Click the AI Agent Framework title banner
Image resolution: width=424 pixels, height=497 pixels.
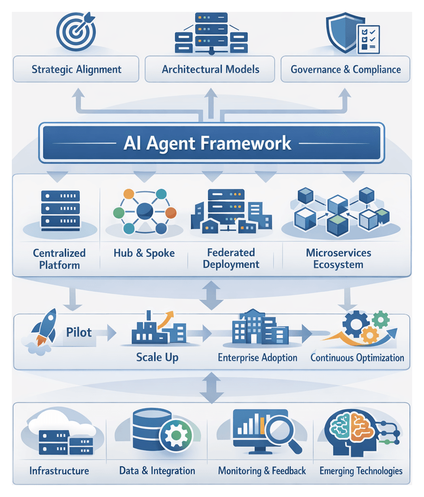coord(212,143)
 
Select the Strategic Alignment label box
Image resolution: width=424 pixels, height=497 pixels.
coord(76,69)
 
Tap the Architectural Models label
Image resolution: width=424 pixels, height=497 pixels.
coord(211,69)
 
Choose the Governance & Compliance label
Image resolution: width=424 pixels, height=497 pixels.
coord(345,69)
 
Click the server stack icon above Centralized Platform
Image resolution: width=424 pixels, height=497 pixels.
coord(60,210)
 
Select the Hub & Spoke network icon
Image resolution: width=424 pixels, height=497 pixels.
coord(144,211)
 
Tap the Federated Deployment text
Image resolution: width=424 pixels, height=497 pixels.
coord(231,258)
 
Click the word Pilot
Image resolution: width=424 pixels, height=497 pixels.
coord(79,332)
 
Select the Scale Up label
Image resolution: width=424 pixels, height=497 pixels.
coord(157,358)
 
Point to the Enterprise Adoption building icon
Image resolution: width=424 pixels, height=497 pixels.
coord(257,328)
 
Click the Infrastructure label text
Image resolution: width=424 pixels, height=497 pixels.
coord(59,471)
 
